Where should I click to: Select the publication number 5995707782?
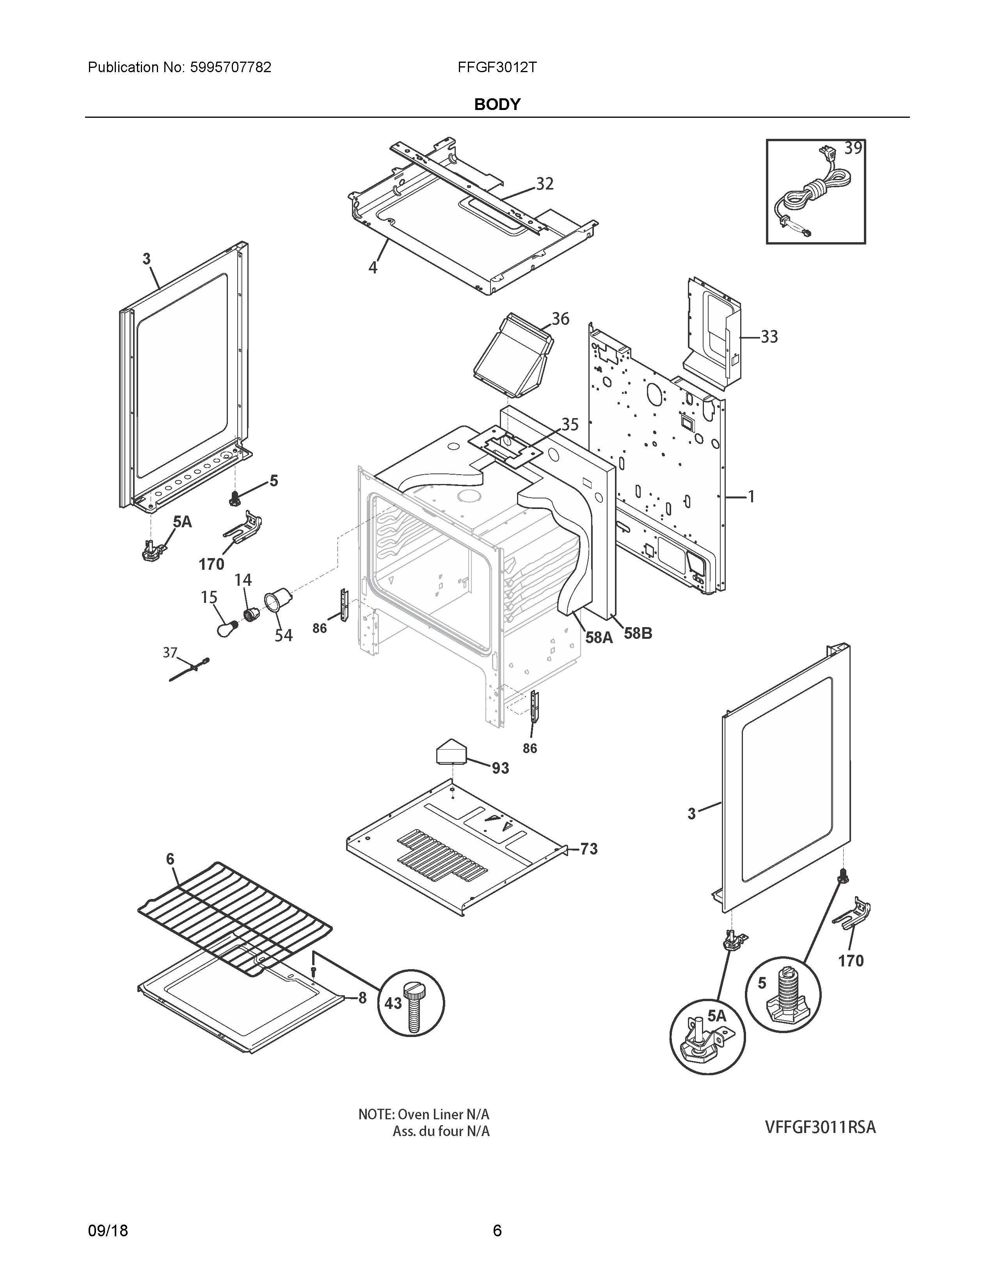(x=231, y=67)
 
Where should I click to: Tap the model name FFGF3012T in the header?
(x=497, y=67)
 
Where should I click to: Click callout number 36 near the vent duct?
(x=560, y=319)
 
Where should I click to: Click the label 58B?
(x=638, y=633)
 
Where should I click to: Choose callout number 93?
(x=501, y=768)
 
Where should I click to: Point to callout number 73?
(x=588, y=849)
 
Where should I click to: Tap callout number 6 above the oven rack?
(x=171, y=859)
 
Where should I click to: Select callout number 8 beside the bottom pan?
(x=362, y=997)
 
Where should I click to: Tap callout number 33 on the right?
(x=769, y=337)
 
